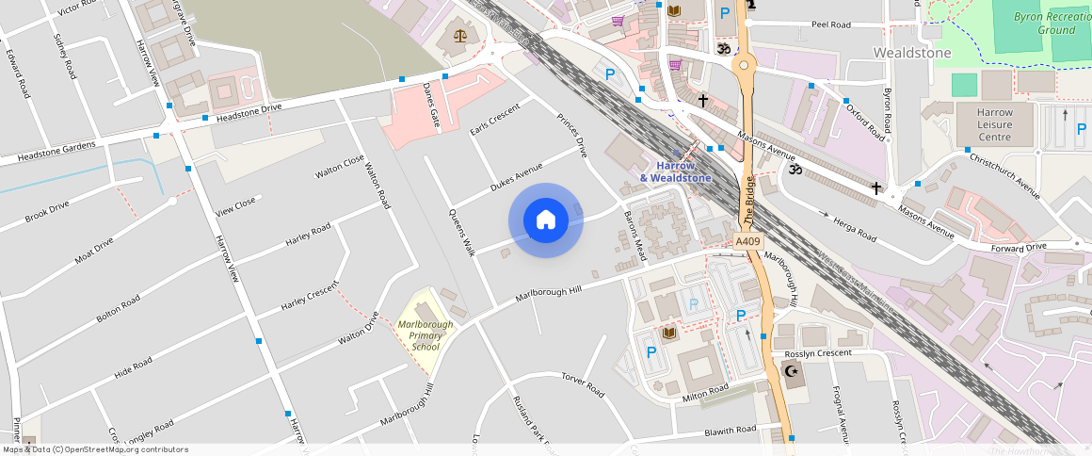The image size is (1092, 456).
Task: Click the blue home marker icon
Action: tap(545, 220)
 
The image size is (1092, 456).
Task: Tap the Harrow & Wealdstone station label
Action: tap(675, 171)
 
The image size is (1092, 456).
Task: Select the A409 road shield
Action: tap(747, 242)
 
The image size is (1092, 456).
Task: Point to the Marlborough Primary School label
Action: tap(425, 335)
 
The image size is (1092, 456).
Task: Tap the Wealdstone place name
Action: tap(912, 53)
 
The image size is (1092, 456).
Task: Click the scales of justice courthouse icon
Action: tap(459, 36)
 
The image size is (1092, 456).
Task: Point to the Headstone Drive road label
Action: tap(249, 112)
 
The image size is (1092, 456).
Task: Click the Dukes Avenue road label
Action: tap(517, 177)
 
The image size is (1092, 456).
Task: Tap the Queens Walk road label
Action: tap(462, 234)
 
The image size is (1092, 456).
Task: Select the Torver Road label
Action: tap(582, 385)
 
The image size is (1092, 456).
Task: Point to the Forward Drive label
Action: tap(1019, 248)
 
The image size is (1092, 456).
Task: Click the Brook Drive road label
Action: tap(47, 211)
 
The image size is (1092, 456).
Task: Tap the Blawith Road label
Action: tap(730, 431)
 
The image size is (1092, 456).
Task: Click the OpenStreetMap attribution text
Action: tap(95, 449)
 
